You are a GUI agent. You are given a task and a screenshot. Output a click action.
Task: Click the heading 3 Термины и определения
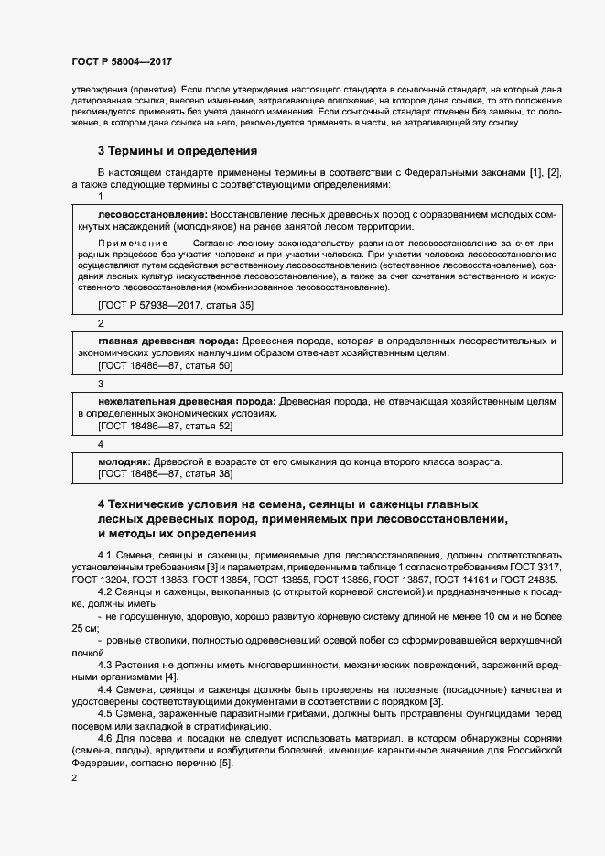[x=177, y=150]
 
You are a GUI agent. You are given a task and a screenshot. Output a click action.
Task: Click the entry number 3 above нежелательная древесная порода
[x=101, y=384]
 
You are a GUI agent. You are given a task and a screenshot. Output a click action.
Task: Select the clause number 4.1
[x=104, y=555]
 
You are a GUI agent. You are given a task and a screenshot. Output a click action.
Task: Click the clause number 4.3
[x=104, y=664]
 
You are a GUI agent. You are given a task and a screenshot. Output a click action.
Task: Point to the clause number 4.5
[x=104, y=712]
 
